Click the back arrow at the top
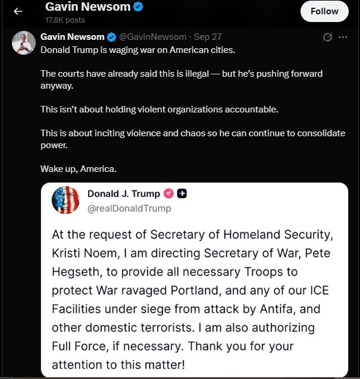coord(18,11)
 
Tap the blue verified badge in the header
coord(138,8)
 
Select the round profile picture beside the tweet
coord(24,43)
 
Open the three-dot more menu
coord(343,37)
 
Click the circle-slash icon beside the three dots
coord(327,37)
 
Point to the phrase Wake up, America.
coord(79,168)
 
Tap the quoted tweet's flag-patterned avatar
coord(65,200)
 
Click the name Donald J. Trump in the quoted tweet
coord(124,193)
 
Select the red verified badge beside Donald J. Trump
coord(168,193)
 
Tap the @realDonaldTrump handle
coord(129,208)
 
